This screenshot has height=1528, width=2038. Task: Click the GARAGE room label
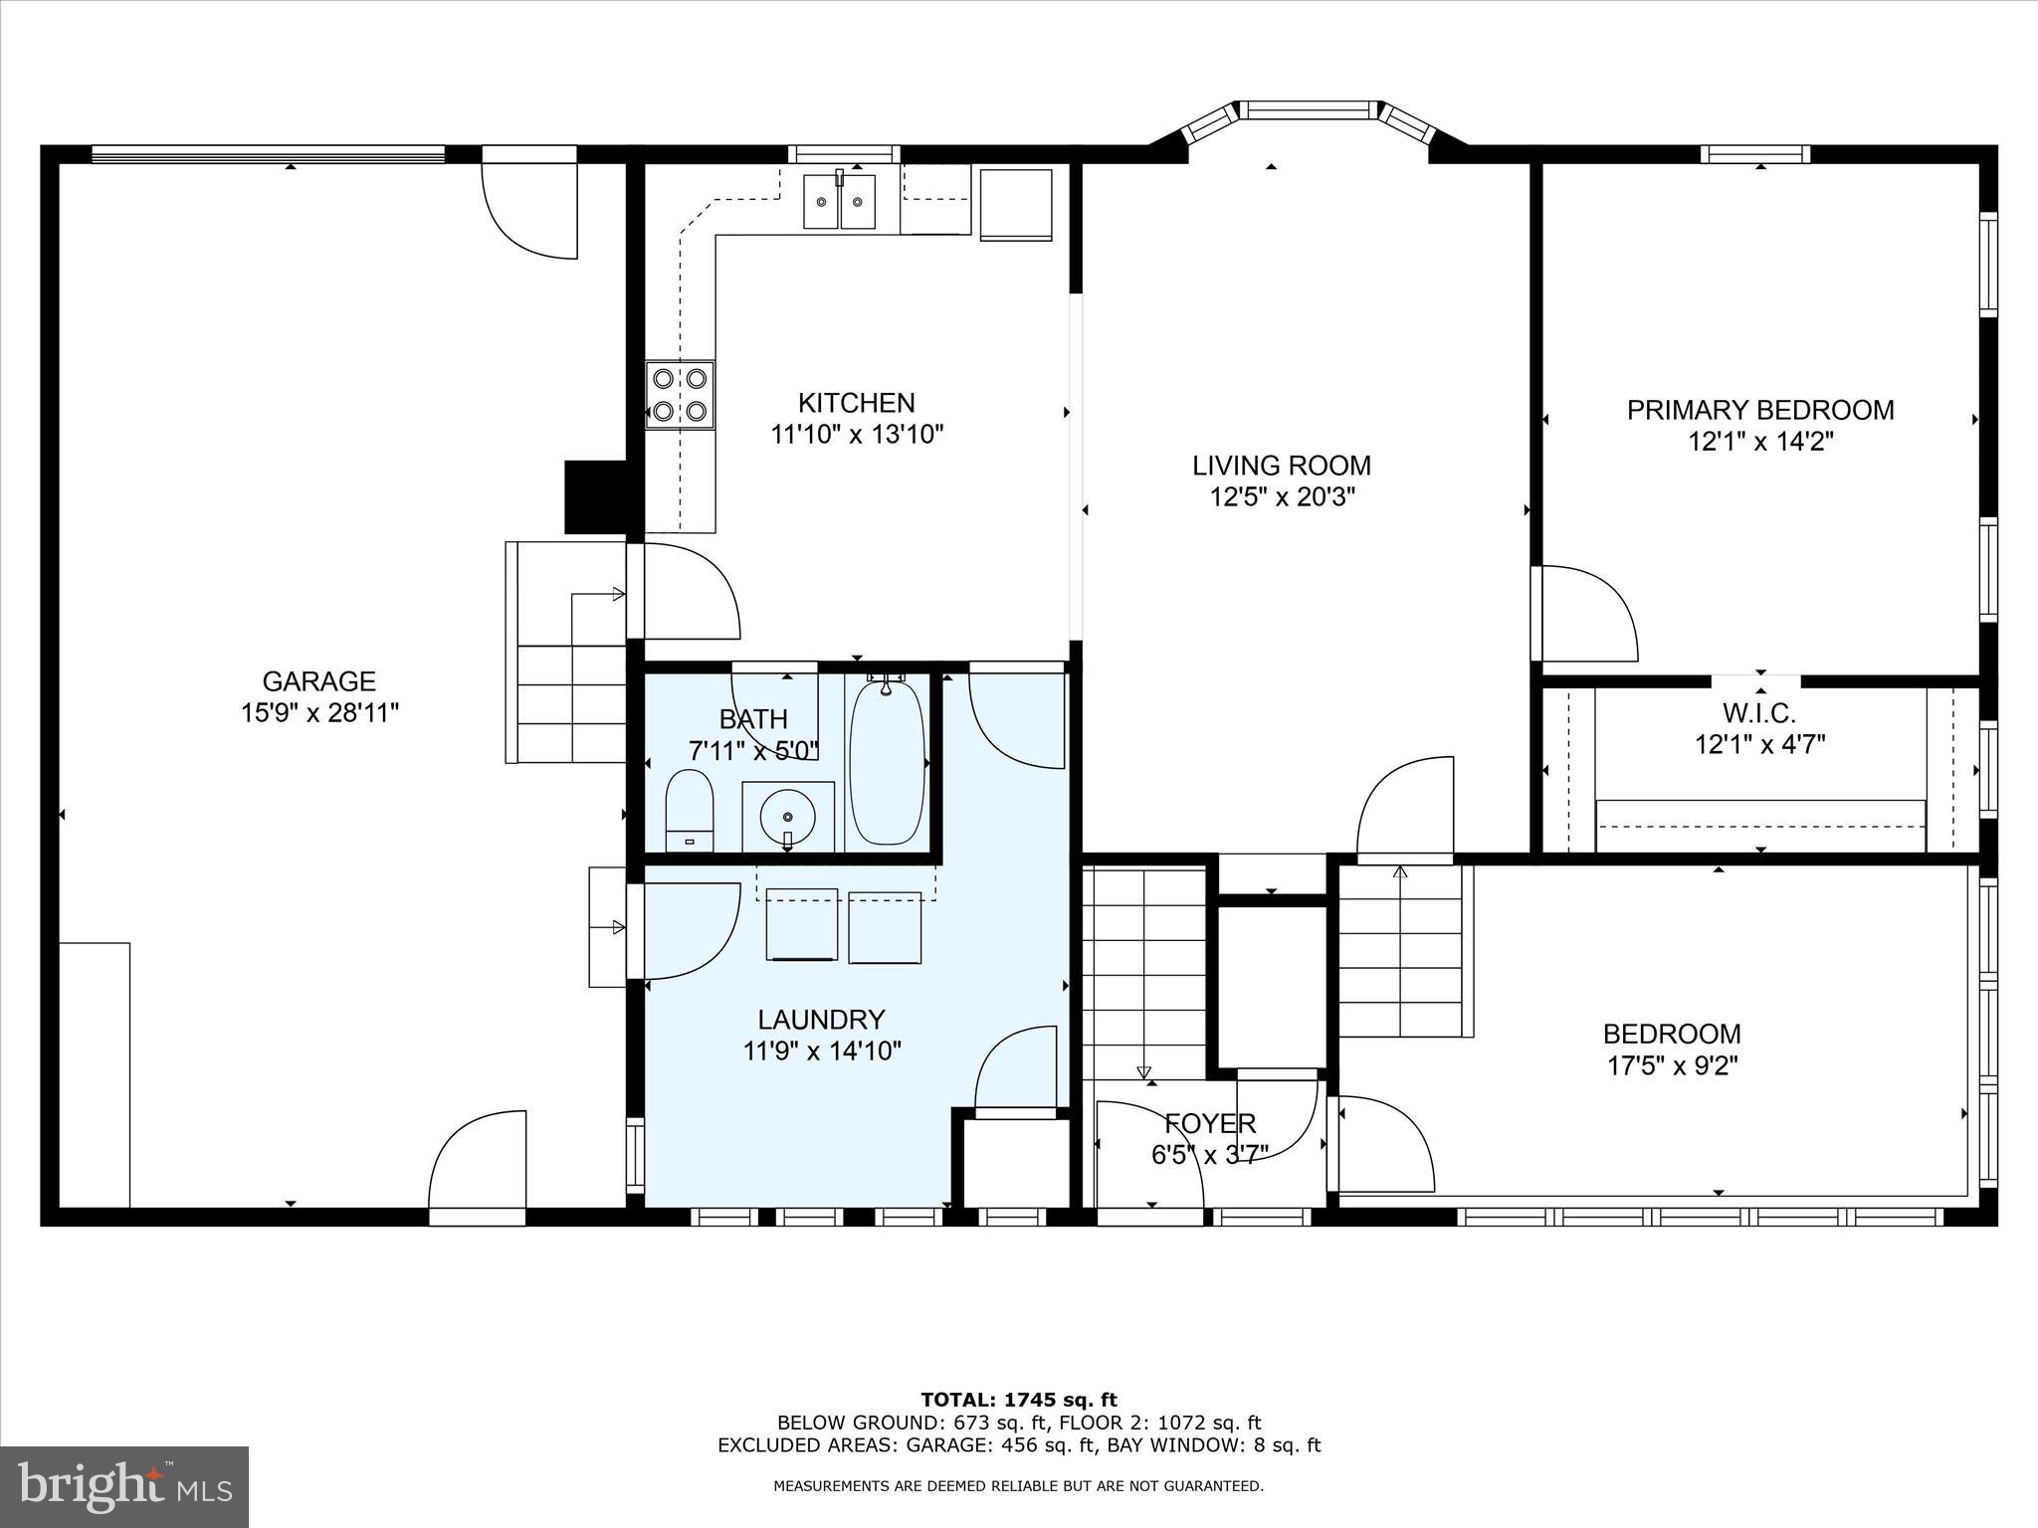tap(318, 681)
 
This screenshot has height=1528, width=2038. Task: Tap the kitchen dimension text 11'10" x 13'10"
tap(857, 435)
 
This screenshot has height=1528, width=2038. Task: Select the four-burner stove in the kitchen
tap(680, 394)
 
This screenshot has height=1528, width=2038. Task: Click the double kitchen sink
tap(840, 202)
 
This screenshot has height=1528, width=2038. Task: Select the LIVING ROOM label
tap(1282, 466)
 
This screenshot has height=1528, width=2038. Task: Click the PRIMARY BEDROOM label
tap(1759, 410)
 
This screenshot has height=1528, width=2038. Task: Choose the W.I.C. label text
tap(1759, 713)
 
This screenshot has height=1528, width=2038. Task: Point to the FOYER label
tap(1210, 1124)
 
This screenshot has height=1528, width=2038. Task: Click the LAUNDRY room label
tap(821, 1020)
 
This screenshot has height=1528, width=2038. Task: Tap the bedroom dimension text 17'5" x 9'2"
tap(1672, 1066)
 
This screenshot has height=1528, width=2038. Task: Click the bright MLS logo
tap(124, 1486)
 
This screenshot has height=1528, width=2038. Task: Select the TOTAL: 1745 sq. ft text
tap(1018, 1401)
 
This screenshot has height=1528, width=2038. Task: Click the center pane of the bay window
tap(1308, 109)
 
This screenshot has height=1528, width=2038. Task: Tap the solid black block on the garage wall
tap(593, 496)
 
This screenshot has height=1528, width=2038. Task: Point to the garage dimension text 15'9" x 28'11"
tap(318, 713)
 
